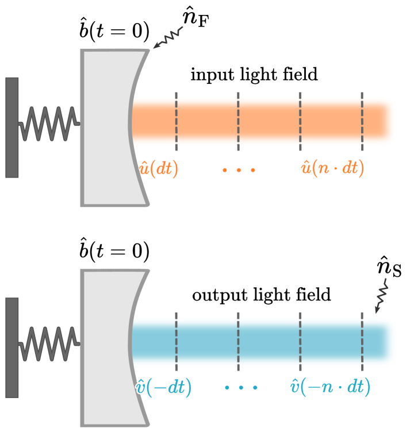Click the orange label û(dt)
pos(159,168)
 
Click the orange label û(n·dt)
pos(332,168)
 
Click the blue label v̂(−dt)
pos(163,387)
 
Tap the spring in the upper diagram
pos(49,123)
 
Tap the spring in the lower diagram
pos(49,343)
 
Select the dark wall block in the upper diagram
pos(12,128)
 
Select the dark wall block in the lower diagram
pos(12,347)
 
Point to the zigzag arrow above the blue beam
pos(381,296)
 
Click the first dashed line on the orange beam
pos(176,121)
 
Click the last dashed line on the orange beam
pos(362,121)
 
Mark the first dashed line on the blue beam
pos(176,341)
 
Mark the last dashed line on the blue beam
pos(362,341)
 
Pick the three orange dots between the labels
pos(239,169)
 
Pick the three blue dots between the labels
pos(241,388)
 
